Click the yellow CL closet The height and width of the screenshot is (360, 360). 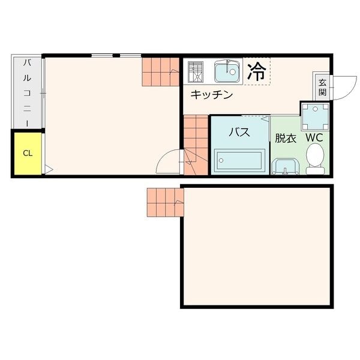pyautogui.click(x=27, y=152)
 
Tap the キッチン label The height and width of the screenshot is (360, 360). pyautogui.click(x=212, y=94)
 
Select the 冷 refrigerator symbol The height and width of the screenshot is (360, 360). pyautogui.click(x=257, y=71)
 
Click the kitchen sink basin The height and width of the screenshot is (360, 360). pyautogui.click(x=226, y=72)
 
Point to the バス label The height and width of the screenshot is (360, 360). pyautogui.click(x=239, y=132)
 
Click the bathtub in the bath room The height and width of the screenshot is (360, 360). pyautogui.click(x=239, y=160)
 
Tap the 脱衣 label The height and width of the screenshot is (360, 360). pyautogui.click(x=286, y=137)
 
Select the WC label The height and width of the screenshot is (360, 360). pyautogui.click(x=314, y=137)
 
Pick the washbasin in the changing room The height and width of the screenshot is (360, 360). pyautogui.click(x=285, y=166)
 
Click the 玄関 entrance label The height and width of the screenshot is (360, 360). pyautogui.click(x=322, y=87)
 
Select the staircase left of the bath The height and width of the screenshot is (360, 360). pyautogui.click(x=196, y=144)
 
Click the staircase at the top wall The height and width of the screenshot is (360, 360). pyautogui.click(x=161, y=71)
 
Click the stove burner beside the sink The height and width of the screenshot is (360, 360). pyautogui.click(x=196, y=72)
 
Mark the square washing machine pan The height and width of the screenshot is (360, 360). pyautogui.click(x=314, y=116)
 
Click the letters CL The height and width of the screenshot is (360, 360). pyautogui.click(x=27, y=152)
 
